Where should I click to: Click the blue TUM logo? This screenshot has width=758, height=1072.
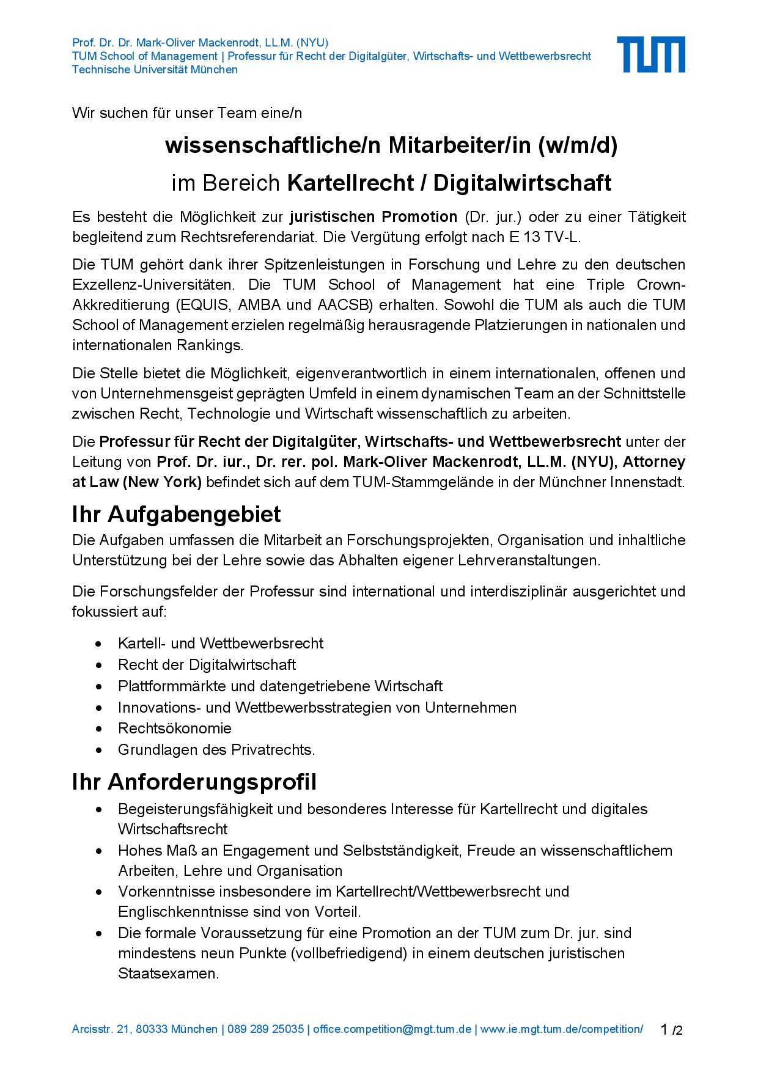point(650,54)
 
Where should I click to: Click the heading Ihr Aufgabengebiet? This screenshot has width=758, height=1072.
point(176,514)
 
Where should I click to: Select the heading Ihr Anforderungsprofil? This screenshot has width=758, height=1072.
point(194,782)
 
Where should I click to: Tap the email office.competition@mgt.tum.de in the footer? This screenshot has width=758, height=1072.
point(392,1029)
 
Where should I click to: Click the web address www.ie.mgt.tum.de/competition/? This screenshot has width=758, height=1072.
point(561,1029)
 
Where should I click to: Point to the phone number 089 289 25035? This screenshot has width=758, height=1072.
point(265,1029)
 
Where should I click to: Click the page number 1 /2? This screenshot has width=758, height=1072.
point(671,1030)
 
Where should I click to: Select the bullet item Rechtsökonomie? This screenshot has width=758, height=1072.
point(174,728)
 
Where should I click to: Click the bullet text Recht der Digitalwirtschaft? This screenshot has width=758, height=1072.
point(207,664)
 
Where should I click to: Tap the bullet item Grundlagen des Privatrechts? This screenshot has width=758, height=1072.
point(216,749)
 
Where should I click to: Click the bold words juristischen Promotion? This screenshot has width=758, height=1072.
point(373,217)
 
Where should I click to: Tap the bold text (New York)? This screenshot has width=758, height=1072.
point(162,482)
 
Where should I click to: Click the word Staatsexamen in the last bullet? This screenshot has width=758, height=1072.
point(167,973)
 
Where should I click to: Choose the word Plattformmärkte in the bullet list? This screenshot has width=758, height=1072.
point(172,686)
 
